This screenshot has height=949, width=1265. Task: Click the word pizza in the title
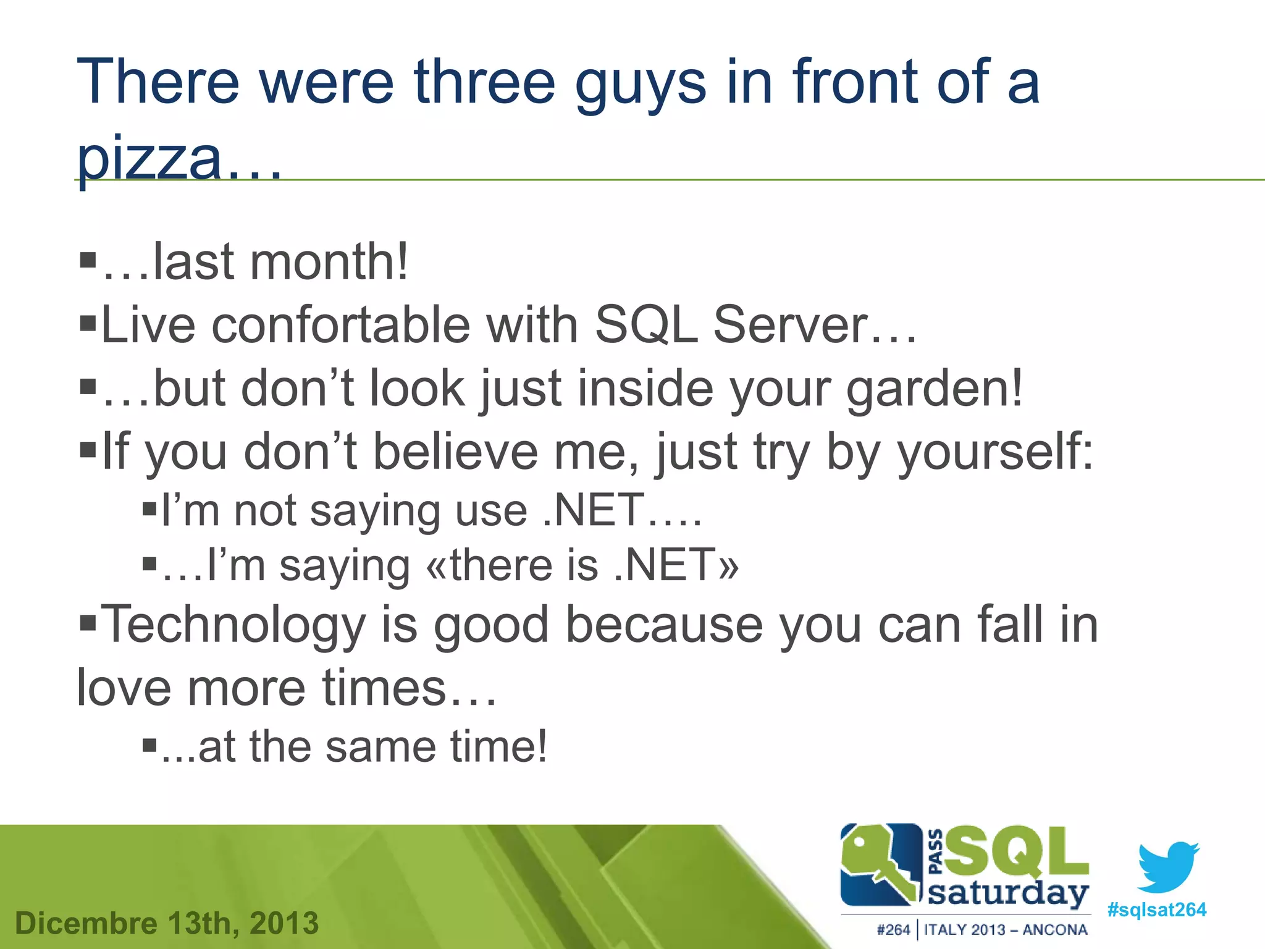[x=149, y=159]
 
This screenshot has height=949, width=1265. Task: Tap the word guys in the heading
[x=640, y=83]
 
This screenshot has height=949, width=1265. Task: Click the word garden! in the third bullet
[x=934, y=389]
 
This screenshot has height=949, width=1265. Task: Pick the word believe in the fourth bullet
[x=456, y=452]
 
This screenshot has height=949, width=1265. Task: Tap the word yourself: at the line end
[x=995, y=452]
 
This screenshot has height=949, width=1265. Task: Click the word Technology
[x=233, y=625]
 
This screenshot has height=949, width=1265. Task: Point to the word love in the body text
[x=124, y=688]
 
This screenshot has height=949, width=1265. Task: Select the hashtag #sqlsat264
[x=1156, y=909]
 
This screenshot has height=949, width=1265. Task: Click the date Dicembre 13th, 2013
[x=167, y=923]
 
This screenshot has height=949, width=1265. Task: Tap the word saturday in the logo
[x=1007, y=893]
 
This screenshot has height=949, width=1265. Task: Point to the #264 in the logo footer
[x=893, y=930]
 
